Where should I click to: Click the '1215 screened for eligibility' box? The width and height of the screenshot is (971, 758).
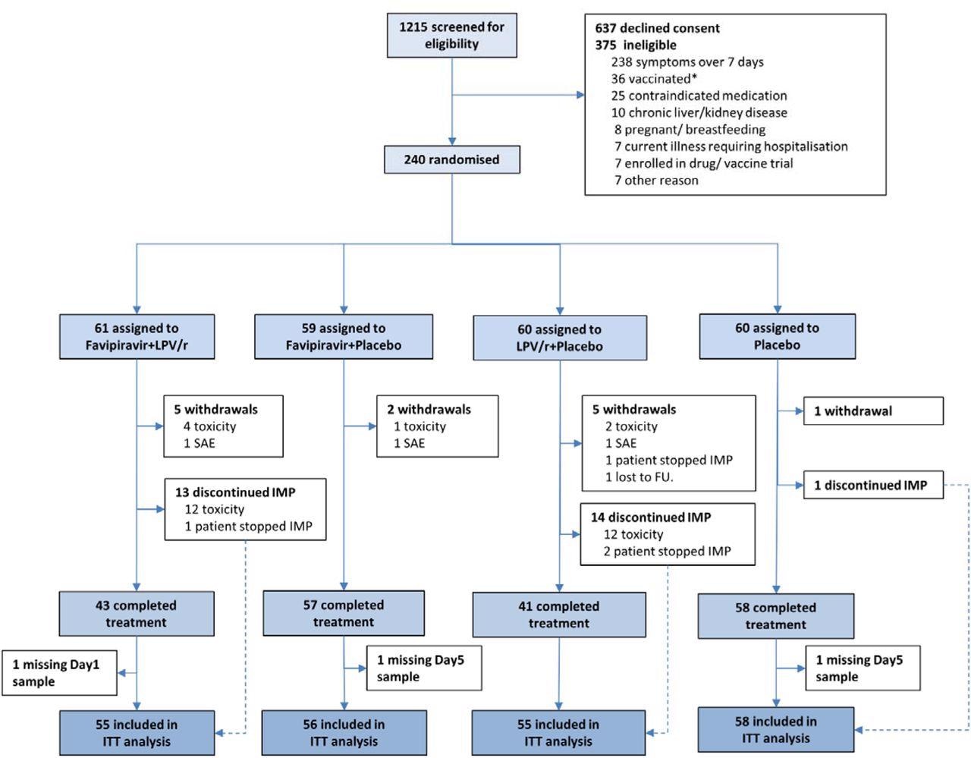click(452, 36)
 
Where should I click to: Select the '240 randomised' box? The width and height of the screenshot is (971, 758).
click(452, 160)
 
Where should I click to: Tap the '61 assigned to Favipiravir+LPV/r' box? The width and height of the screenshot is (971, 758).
click(137, 337)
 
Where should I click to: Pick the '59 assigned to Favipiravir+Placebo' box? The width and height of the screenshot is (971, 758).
click(344, 337)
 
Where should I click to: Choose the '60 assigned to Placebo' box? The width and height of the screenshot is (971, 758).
click(777, 336)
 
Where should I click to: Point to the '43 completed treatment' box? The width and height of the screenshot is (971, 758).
click(137, 614)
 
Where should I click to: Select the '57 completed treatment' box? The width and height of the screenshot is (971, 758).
click(344, 613)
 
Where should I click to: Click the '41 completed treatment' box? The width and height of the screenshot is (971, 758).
click(559, 615)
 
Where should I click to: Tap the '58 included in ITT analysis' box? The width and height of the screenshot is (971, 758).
click(776, 730)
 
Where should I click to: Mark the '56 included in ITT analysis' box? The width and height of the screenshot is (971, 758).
click(344, 733)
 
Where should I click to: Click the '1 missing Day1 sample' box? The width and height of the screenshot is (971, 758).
click(59, 673)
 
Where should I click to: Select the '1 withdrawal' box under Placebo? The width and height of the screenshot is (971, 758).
click(873, 411)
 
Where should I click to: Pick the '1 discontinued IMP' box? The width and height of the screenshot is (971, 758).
click(873, 486)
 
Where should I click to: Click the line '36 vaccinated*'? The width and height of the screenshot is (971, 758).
click(654, 79)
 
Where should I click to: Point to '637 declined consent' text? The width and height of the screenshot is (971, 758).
click(657, 28)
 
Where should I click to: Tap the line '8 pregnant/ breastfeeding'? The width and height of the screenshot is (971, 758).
click(690, 129)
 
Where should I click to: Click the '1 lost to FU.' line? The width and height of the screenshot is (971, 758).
click(639, 477)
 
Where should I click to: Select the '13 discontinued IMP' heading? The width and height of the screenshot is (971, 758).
click(235, 492)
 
